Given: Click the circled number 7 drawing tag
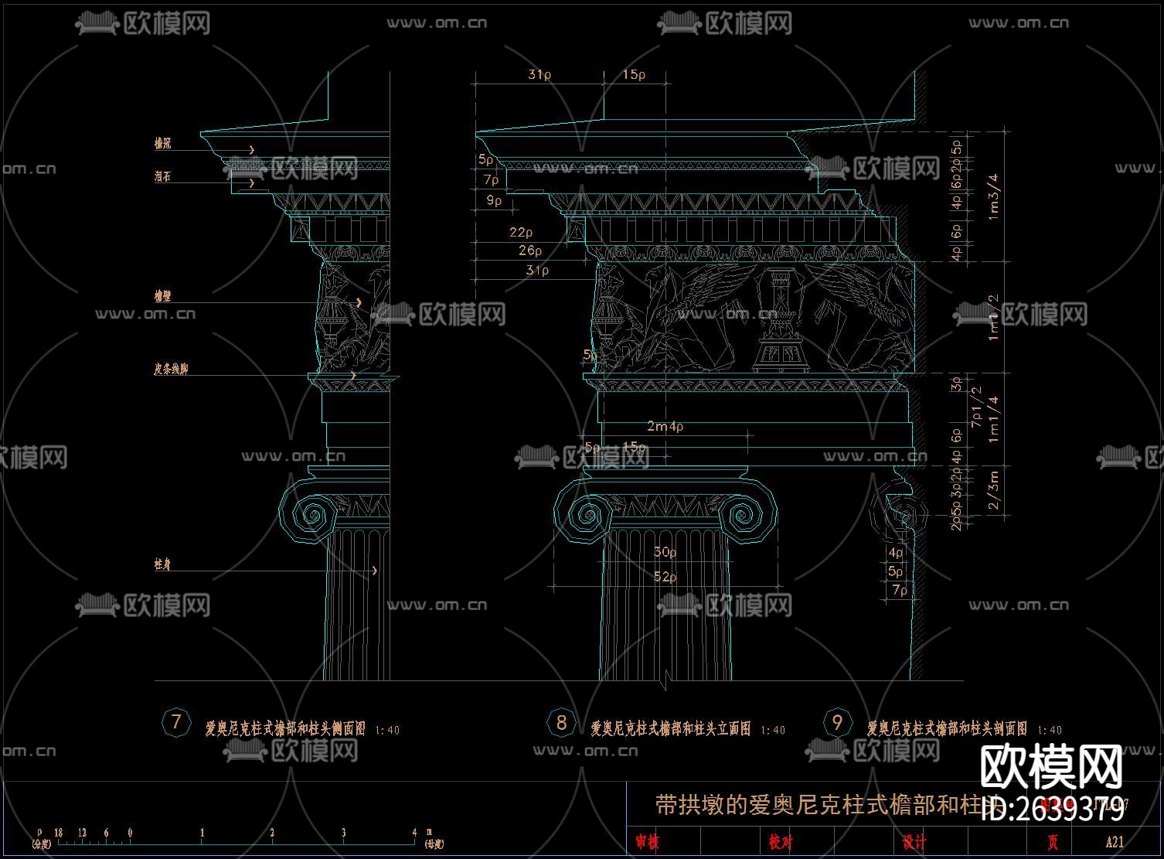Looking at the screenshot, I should coord(176,723).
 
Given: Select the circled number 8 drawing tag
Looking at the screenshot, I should coord(561,723).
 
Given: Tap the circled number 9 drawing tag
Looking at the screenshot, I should coord(837,723).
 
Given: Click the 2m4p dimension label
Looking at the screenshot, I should coord(665,426).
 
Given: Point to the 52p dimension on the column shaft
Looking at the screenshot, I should coord(665,577).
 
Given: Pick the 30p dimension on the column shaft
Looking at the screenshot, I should coord(665,552).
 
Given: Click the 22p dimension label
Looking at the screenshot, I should coord(521,232).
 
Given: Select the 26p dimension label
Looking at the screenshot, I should coord(530,251).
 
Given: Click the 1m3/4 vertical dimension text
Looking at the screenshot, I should coord(994,196).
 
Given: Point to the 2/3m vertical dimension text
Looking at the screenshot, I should coord(994,492).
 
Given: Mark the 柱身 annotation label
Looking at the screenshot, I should coord(162,565).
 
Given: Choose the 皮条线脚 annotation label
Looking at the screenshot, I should coord(171,370).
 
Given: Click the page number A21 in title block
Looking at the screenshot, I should coord(1115,842).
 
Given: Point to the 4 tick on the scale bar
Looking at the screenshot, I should coord(414,833).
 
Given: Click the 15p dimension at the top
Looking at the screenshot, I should coord(634,75).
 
